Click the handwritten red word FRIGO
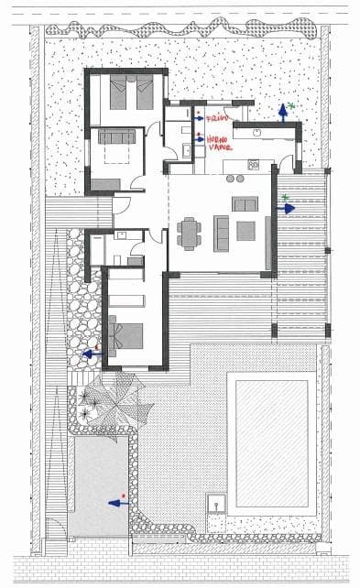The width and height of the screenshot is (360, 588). tap(216, 118)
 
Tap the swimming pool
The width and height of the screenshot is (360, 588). tap(272, 444)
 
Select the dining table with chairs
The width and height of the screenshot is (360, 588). tap(190, 232)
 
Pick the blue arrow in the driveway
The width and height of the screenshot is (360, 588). tap(116, 502)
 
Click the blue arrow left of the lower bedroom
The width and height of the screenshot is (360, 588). tap(91, 352)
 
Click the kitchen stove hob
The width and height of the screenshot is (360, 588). tap(254, 164)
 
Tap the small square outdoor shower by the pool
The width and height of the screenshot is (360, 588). tap(218, 502)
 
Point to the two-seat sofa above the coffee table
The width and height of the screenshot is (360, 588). tap(245, 204)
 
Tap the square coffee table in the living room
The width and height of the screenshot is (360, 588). tap(245, 231)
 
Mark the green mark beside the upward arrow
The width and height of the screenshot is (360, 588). tap(293, 106)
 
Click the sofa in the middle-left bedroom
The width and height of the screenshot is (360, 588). tap(117, 137)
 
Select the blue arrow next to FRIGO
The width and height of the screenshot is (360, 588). tap(198, 117)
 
